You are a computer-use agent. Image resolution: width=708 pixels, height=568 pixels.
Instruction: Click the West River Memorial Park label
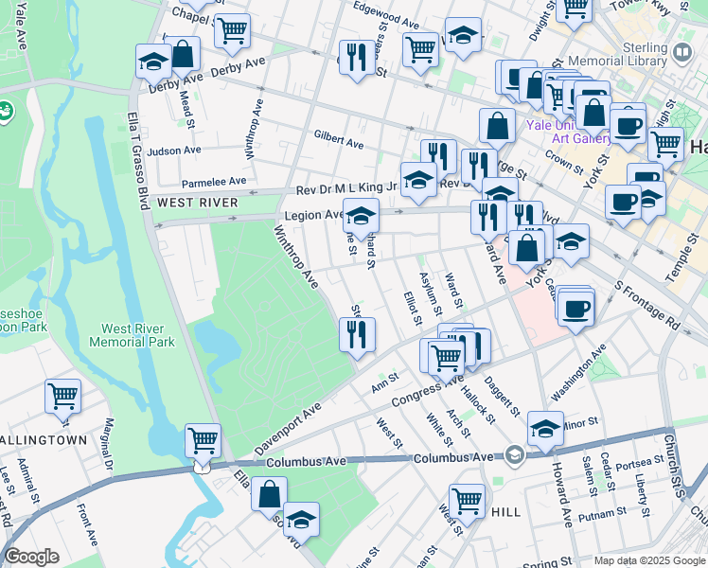132,333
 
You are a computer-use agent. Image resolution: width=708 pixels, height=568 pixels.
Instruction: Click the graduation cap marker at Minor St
545,428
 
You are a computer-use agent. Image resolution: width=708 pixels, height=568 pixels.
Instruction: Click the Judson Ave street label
174,150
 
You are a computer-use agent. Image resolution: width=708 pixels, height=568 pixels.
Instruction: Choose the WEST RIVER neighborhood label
197,203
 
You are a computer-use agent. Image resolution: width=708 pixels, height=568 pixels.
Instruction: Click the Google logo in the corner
32,557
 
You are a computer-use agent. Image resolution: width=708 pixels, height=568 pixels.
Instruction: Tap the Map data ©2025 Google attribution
648,560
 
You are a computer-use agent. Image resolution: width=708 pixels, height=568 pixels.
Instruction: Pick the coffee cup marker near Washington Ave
575,308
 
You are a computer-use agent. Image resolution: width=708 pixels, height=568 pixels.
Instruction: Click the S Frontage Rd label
647,304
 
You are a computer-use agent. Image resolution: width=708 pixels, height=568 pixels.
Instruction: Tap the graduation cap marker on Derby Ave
153,62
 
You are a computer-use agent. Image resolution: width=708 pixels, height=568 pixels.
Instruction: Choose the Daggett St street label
502,396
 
